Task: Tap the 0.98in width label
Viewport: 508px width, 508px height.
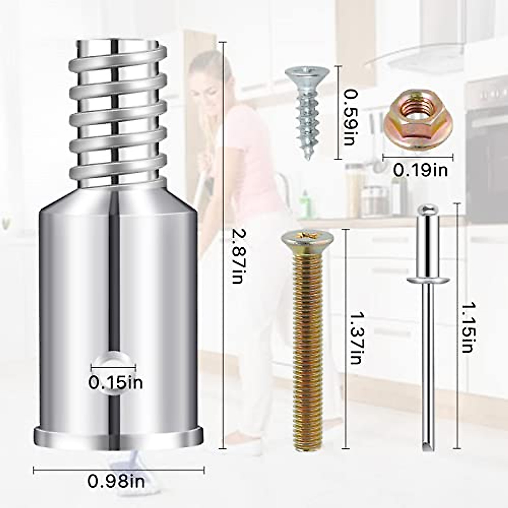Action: [116, 481]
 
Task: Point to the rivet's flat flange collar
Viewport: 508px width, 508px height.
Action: [428, 279]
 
